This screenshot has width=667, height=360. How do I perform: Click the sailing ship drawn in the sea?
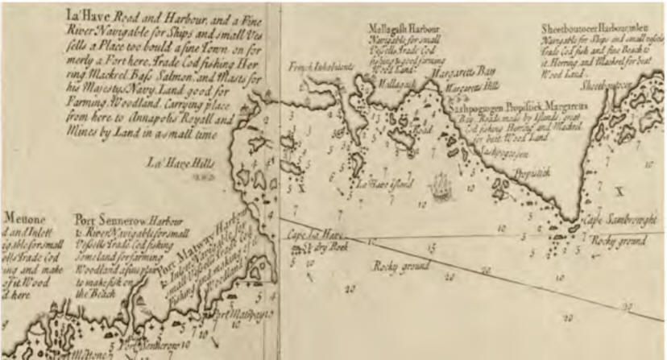(438, 187)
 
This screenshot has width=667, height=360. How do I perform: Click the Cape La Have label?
(310, 234)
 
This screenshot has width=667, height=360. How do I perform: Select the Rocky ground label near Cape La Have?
(400, 265)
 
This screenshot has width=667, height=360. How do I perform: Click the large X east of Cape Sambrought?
(619, 191)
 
